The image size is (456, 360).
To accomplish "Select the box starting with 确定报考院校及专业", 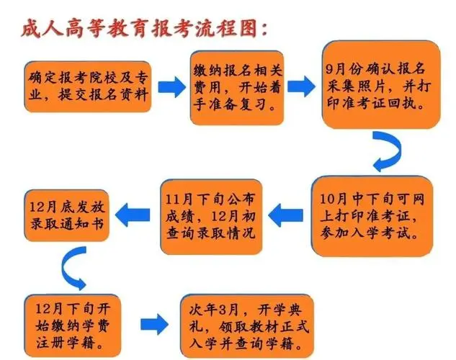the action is click(88, 86).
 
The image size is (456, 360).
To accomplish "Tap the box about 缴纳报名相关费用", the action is click(237, 88).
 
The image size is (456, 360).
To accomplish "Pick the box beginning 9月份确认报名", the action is click(381, 84).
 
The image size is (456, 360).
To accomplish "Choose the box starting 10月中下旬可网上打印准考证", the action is click(372, 216).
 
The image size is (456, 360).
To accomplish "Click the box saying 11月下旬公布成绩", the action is click(211, 217).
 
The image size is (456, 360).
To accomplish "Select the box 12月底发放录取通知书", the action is click(66, 215).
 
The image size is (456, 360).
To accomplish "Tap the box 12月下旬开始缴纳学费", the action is click(73, 325).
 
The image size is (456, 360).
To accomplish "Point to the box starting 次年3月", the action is click(247, 326).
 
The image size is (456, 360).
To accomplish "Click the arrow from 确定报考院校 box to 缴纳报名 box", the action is click(171, 87).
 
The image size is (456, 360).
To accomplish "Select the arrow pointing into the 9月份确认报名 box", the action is click(301, 86).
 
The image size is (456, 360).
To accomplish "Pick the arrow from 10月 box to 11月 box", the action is click(285, 215).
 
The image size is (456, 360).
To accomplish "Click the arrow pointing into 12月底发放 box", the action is click(133, 215).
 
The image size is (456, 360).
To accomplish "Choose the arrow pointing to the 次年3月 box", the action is click(154, 324).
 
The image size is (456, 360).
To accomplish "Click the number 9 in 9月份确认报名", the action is click(329, 69).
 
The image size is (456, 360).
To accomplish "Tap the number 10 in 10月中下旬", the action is click(326, 199).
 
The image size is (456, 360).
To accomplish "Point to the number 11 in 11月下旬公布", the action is click(171, 199).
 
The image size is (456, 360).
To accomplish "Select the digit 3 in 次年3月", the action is click(223, 310).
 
